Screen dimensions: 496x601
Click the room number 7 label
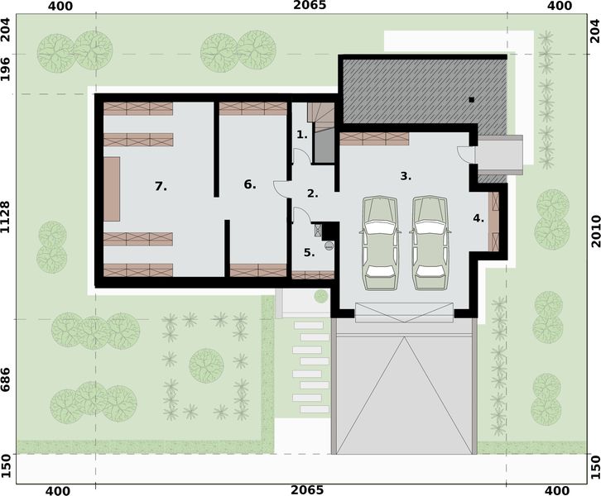pos(161,187)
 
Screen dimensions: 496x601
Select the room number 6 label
pos(250,184)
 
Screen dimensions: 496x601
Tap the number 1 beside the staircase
pos(302,134)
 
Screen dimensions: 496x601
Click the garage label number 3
pos(406,176)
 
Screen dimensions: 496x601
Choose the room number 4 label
pos(478,218)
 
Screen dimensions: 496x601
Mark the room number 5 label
pos(309,253)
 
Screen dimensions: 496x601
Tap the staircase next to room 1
pos(321,129)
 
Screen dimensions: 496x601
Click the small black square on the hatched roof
pos(470,100)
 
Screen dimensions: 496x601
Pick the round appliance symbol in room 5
pos(328,245)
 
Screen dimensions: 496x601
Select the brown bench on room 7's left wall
pos(112,188)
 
